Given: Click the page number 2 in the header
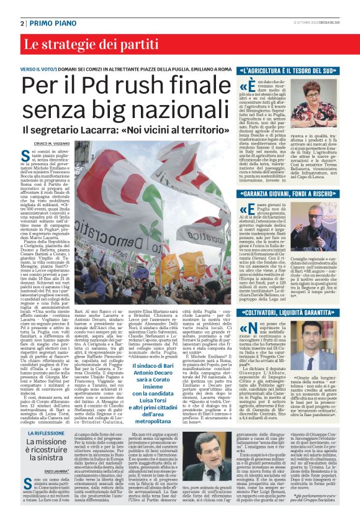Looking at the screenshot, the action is (22, 23).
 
